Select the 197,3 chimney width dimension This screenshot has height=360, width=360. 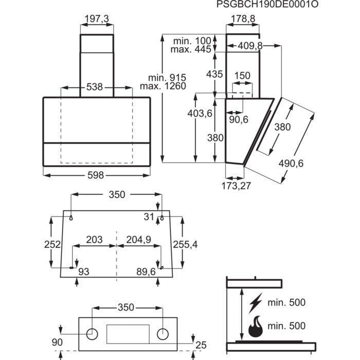coord(97,19)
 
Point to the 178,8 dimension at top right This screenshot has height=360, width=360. coord(243,19)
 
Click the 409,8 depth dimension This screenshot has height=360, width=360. coord(250,46)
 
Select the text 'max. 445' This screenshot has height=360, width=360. coord(192,50)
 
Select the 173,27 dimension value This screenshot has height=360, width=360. coord(237,186)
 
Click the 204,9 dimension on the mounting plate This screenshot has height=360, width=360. coord(137,240)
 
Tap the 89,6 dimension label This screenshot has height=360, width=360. coord(146,272)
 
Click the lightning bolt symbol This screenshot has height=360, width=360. coord(256,302)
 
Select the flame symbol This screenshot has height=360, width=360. coord(256,326)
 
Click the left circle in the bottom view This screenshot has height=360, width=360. coord(93,334)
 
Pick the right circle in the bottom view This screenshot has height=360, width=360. coord(163,334)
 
